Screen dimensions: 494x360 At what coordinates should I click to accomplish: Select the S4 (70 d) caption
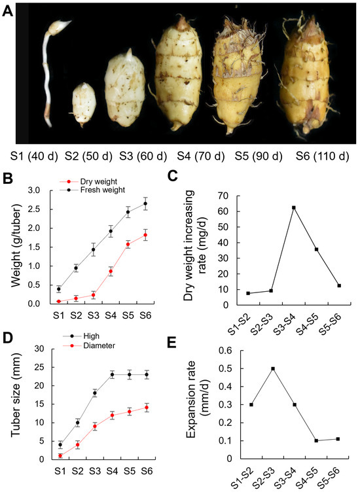pos(203,157)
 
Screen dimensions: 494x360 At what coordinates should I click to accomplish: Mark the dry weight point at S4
pos(111,271)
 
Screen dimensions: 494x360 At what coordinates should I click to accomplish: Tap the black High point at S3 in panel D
pos(95,393)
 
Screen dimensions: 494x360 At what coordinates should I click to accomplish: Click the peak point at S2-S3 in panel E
pos(272,368)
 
